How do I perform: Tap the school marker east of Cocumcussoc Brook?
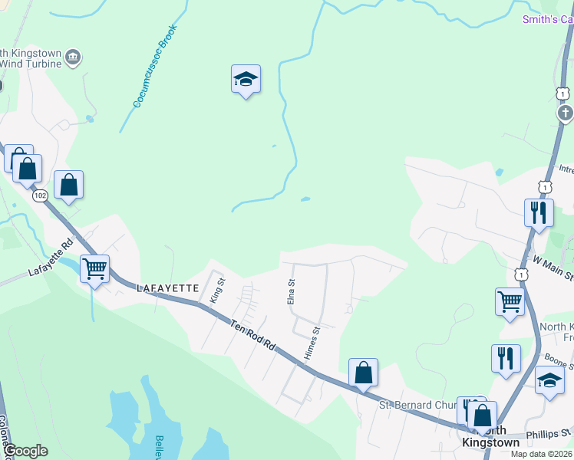tap(246, 80)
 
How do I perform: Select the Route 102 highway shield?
tap(40, 196)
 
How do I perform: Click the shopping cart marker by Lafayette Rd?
tap(94, 269)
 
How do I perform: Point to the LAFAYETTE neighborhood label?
tap(167, 288)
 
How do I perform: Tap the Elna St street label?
tap(291, 291)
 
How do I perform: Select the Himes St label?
tap(311, 342)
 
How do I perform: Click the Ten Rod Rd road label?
tap(252, 336)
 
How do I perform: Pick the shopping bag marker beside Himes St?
tap(364, 373)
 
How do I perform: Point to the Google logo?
tap(25, 452)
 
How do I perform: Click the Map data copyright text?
tap(540, 454)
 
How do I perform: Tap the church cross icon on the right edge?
tap(565, 114)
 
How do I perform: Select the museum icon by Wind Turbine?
tap(73, 56)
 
